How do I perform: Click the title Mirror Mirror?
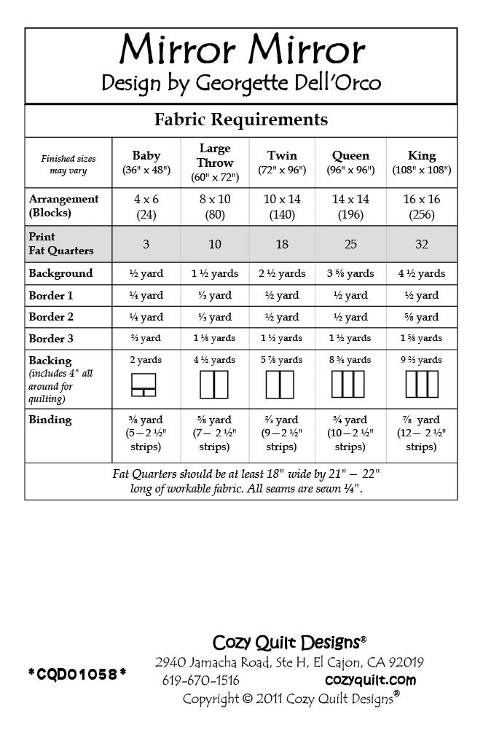point(241,50)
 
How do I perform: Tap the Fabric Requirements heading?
point(241,119)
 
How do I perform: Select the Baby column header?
point(146,162)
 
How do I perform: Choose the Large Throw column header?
point(215,162)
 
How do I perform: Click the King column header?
point(422,162)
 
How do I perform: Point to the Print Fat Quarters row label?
point(61,243)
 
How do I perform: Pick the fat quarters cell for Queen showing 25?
point(350,244)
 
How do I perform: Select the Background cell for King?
point(422,273)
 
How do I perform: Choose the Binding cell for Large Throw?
point(215,433)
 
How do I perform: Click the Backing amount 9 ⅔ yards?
point(422,360)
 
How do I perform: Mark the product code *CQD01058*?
point(76,675)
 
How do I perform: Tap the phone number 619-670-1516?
point(200,680)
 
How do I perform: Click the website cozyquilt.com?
point(370,680)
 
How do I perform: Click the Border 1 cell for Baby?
point(146,295)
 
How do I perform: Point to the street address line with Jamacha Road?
point(289,662)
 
